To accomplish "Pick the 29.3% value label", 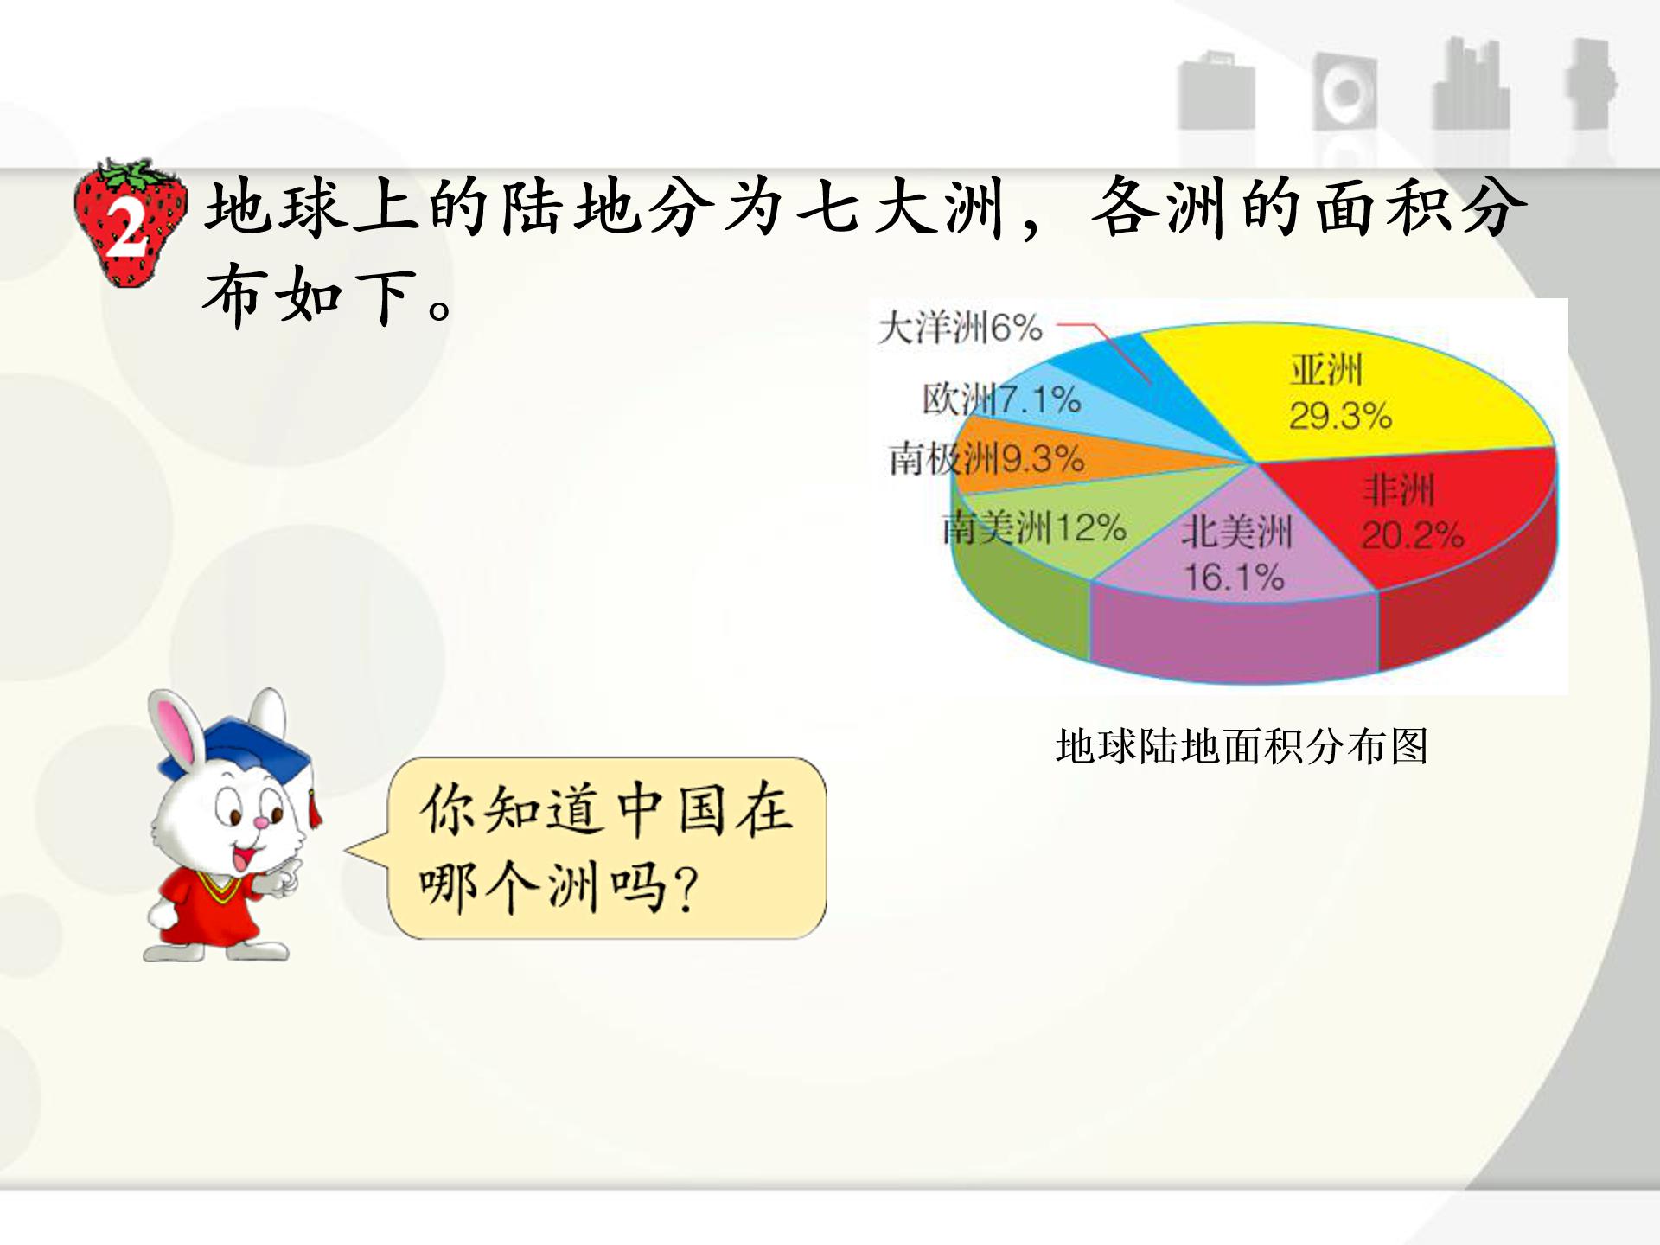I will coord(1340,417).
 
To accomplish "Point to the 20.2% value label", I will coord(1413,536).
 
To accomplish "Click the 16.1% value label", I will coord(1234,578).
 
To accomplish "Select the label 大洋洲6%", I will coord(960,329).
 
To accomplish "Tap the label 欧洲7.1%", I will coord(1001,399).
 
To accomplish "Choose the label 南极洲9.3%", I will coord(986,459).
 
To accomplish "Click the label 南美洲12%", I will coord(1034,527).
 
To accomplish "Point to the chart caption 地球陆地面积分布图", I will coord(1242,746).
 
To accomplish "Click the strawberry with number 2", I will coord(130,223).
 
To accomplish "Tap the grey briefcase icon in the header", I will coord(1216,91).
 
